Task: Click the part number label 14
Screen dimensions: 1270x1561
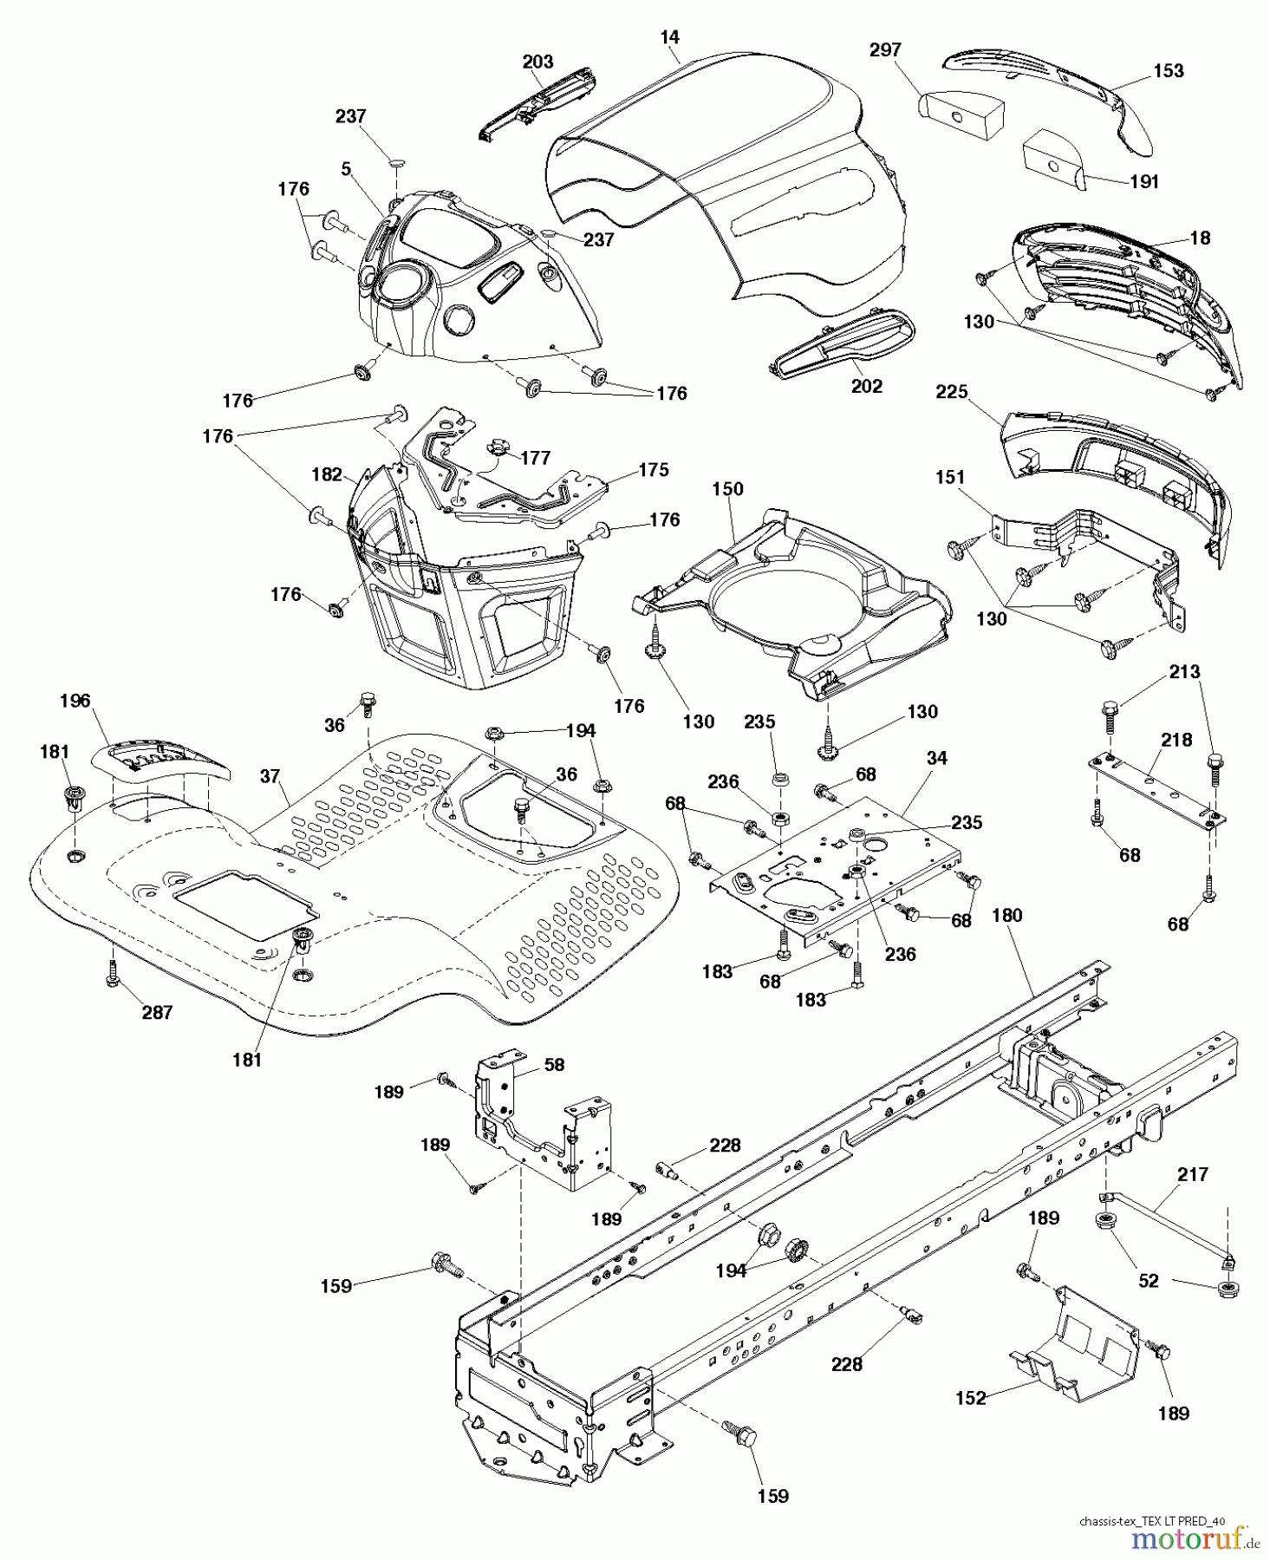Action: [x=669, y=37]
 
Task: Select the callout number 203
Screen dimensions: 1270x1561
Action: [x=538, y=62]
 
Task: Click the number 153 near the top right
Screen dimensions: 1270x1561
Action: [x=1168, y=70]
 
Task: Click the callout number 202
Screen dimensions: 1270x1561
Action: [x=866, y=387]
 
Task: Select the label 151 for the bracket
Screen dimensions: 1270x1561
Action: [x=950, y=477]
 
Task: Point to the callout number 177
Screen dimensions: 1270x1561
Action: [x=536, y=458]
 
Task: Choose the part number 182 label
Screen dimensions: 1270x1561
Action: [x=326, y=474]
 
